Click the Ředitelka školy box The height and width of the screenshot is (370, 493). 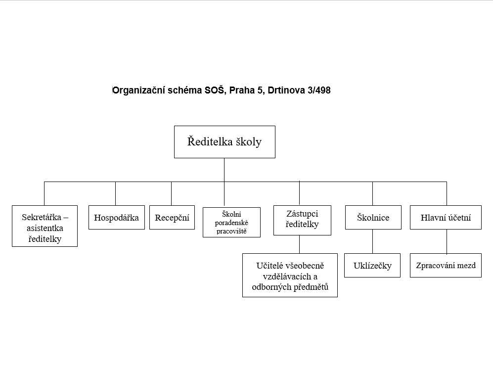pos(224,142)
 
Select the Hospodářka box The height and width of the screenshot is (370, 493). pos(117,218)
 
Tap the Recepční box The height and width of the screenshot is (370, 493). pos(172,218)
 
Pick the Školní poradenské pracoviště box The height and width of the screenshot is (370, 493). pos(231,222)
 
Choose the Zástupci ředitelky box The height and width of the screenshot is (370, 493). pos(302,219)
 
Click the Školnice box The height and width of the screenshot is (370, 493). pos(373,218)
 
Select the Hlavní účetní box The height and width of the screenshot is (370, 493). pos(446,218)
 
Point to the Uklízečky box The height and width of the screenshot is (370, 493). pos(372,266)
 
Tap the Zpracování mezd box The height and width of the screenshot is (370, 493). pos(446,266)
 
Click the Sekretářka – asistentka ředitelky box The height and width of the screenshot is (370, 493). pos(45,226)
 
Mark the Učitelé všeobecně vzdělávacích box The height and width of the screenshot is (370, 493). pos(290,276)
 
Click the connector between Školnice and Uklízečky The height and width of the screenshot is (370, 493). pos(373,241)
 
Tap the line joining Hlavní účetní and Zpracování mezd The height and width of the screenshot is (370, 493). pos(447,241)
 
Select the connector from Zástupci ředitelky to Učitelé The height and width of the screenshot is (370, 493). pos(299,244)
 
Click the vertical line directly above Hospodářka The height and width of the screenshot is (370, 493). pos(116,193)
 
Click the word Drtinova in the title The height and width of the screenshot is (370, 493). pos(284,91)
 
